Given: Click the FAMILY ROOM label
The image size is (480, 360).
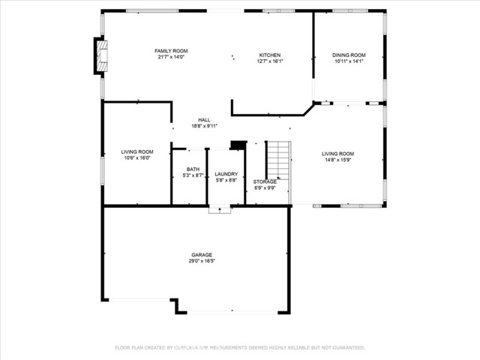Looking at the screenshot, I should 170,50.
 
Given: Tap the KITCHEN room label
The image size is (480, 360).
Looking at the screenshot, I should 270,55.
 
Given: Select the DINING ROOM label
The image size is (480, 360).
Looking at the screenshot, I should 349,55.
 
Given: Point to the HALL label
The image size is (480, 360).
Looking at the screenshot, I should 204,119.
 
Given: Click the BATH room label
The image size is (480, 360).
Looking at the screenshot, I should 193,169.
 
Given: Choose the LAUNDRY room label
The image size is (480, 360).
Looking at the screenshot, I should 226,174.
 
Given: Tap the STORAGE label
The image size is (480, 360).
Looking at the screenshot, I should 265,181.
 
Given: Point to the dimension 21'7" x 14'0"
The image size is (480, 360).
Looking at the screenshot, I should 170,57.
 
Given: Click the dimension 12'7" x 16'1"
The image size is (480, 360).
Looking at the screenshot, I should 270,61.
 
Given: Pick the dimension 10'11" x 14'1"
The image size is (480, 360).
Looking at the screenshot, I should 349,61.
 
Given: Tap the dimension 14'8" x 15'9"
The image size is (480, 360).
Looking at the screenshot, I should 337,159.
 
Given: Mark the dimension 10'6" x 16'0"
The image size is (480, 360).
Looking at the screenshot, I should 136,158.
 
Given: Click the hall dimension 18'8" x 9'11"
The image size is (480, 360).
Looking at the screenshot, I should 204,126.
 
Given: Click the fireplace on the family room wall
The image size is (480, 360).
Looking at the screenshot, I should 100,55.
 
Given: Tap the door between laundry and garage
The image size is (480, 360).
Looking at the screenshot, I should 220,210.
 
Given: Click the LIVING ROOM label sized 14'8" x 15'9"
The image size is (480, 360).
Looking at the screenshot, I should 337,152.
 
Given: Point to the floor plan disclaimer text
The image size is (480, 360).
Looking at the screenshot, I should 239,347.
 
